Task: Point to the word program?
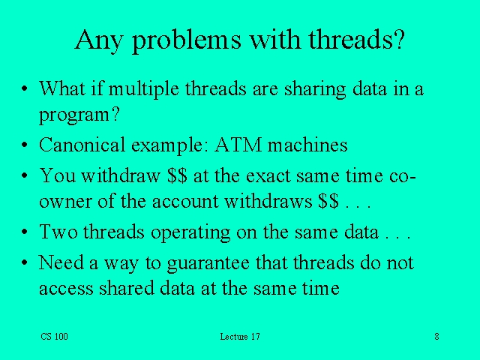(x=74, y=115)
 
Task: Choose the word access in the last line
(x=66, y=289)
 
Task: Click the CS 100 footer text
(x=55, y=337)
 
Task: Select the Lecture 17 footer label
(x=240, y=337)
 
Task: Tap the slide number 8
(x=436, y=337)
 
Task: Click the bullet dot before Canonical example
(x=25, y=145)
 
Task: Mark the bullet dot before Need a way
(x=25, y=263)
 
